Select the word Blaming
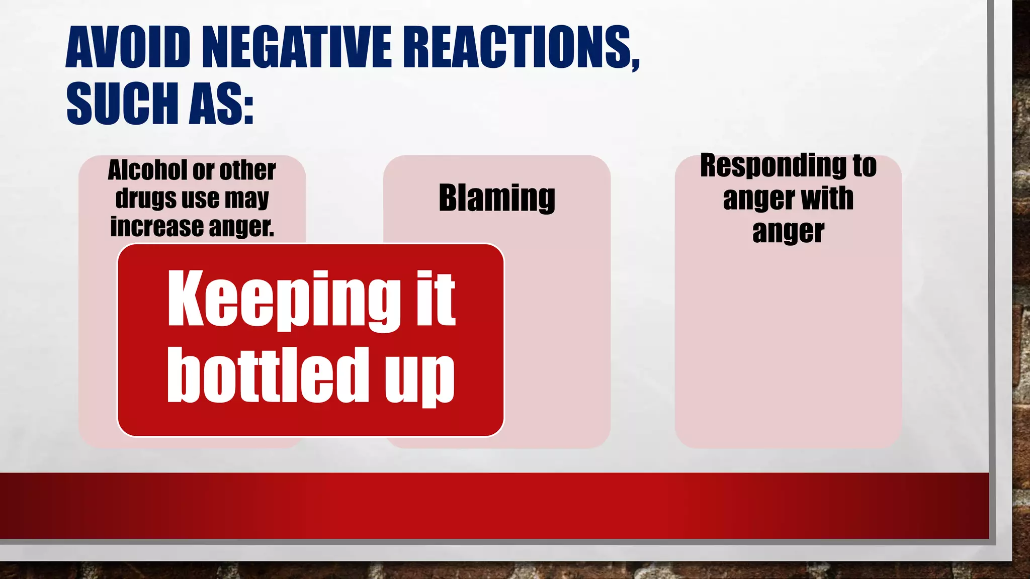pyautogui.click(x=497, y=198)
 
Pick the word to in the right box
pyautogui.click(x=864, y=166)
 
